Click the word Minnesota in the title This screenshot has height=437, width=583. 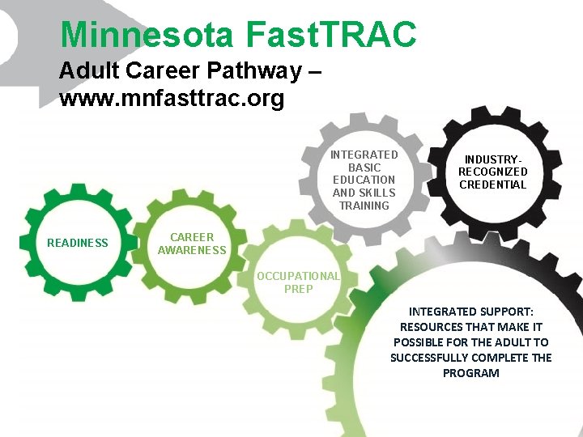(145, 34)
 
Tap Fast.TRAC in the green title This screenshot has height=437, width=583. (329, 34)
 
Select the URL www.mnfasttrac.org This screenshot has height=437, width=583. (172, 99)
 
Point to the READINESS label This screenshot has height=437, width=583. (78, 243)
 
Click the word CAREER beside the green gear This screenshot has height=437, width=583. (192, 237)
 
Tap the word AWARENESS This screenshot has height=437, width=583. (192, 250)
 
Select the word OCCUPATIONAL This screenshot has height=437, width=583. (299, 276)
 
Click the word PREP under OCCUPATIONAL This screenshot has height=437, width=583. (299, 289)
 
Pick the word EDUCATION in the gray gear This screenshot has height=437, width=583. (364, 180)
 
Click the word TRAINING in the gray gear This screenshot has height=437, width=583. (364, 206)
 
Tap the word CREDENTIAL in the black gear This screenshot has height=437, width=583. (492, 185)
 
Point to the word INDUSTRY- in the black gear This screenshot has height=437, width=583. (492, 159)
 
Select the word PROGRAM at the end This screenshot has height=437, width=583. (470, 373)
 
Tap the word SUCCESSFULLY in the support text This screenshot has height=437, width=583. (433, 358)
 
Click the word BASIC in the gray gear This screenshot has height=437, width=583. (364, 167)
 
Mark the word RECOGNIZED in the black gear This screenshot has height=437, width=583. (492, 172)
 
